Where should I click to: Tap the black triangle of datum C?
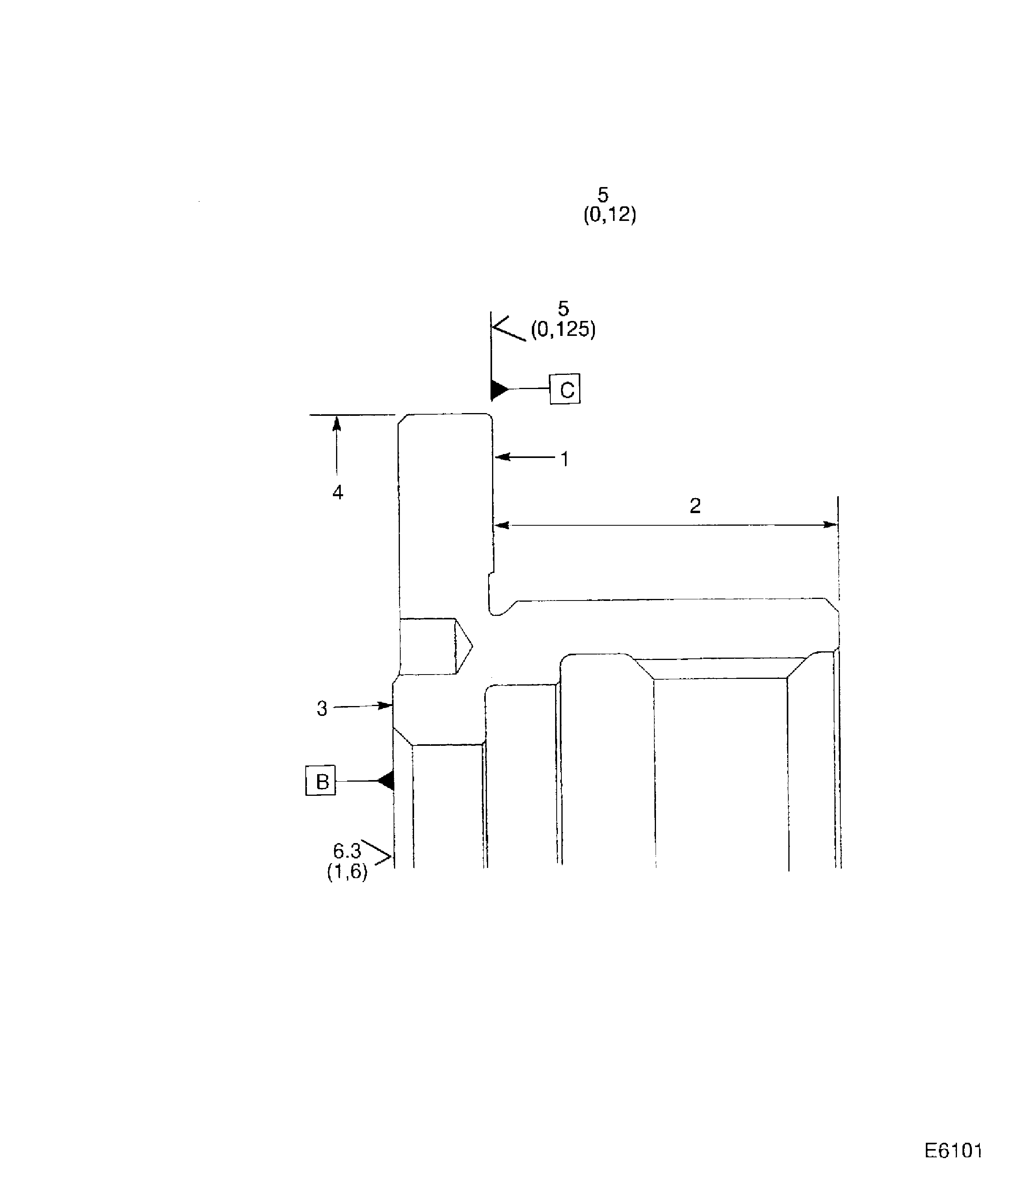499,389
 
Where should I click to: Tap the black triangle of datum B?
386,781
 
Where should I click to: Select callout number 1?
565,459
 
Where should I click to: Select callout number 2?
695,506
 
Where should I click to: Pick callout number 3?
321,708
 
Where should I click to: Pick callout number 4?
338,492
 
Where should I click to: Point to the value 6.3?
347,851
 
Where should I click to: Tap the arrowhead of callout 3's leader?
386,705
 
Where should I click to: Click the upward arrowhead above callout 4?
336,424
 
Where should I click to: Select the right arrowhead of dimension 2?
830,525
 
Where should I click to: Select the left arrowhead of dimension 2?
502,525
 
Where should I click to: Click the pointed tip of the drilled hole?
472,647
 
